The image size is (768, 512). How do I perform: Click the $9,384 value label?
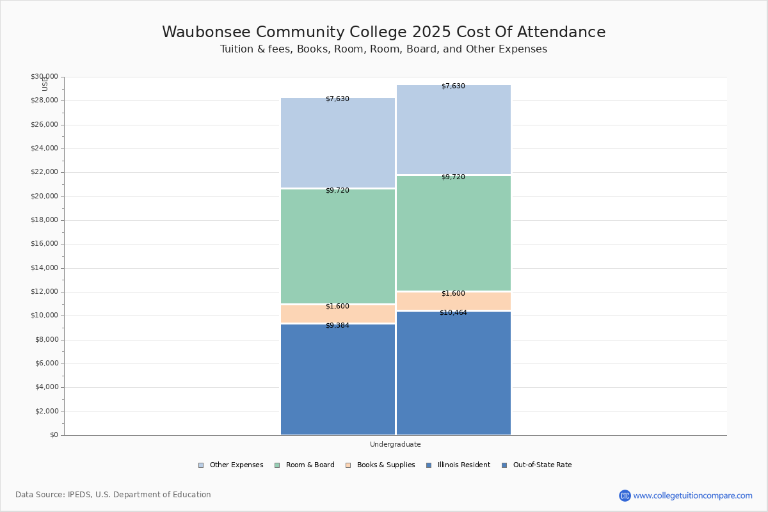click(337, 325)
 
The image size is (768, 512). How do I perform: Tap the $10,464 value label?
click(453, 312)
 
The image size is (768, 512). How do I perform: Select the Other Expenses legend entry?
click(231, 465)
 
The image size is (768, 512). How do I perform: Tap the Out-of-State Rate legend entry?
click(537, 465)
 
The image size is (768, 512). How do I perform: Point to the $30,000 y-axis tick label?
click(44, 77)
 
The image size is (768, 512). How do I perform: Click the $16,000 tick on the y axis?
click(44, 244)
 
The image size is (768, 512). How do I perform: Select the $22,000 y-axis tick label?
click(44, 172)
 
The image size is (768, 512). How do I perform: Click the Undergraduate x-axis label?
click(396, 444)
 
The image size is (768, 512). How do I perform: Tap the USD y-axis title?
click(45, 84)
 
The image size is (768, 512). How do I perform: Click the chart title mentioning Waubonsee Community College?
click(384, 32)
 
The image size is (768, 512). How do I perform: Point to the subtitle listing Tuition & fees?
click(384, 49)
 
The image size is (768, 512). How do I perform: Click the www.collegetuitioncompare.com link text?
click(693, 495)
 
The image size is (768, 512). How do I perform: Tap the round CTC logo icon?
click(625, 495)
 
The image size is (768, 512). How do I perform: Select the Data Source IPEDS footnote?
click(113, 495)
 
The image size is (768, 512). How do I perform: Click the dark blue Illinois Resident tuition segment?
click(338, 381)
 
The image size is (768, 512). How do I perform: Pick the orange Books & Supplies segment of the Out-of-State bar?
click(454, 301)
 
